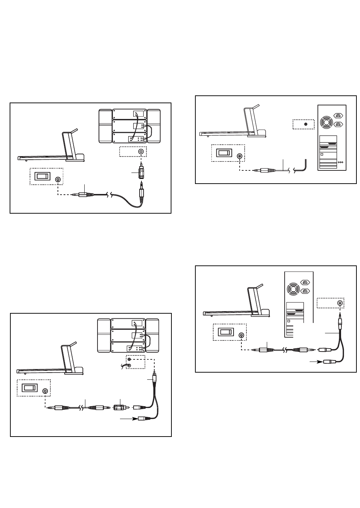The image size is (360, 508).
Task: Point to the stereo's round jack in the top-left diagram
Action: tap(141, 152)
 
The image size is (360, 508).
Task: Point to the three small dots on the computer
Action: tap(340, 162)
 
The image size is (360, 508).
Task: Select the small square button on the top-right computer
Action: tap(321, 154)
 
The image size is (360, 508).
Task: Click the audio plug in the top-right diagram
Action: tap(263, 171)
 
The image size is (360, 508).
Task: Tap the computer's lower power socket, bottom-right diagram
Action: tap(305, 291)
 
